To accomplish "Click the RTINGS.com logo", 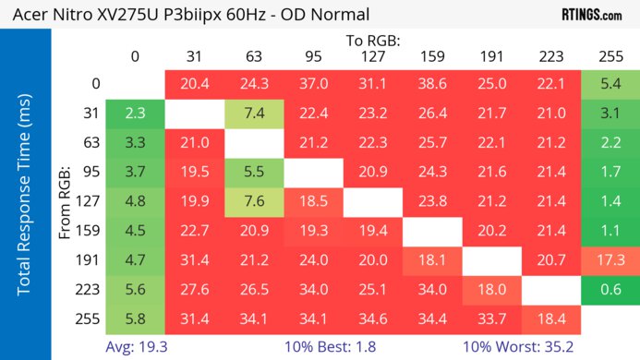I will (x=591, y=14).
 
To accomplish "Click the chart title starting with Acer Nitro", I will (x=186, y=14).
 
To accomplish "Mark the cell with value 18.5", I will (x=313, y=201).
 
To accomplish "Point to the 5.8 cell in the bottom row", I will (x=135, y=319).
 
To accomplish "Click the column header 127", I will (x=372, y=57).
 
